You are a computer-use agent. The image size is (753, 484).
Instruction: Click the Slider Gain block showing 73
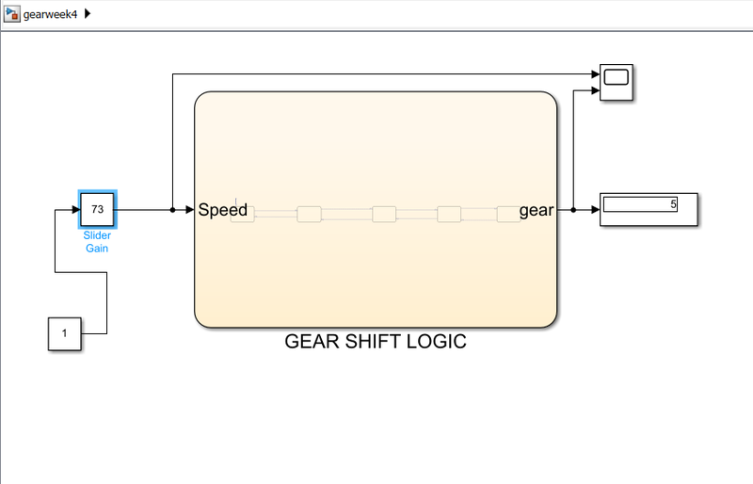tap(97, 209)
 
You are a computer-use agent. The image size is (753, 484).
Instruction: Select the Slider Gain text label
tap(97, 242)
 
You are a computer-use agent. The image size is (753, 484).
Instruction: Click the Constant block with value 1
tap(64, 333)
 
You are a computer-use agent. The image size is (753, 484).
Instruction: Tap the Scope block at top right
tap(617, 82)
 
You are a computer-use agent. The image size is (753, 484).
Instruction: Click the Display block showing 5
tap(649, 209)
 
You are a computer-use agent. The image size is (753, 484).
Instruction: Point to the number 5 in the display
tap(673, 204)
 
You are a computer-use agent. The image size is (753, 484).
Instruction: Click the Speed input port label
tap(222, 210)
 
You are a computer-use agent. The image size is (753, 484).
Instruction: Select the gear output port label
tap(537, 210)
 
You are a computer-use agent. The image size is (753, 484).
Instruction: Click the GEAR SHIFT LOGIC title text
tap(375, 342)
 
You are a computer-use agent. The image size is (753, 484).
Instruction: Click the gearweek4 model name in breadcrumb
tap(50, 14)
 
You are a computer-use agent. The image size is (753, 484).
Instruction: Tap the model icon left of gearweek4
tap(13, 14)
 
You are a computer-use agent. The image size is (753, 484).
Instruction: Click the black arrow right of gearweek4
tap(88, 14)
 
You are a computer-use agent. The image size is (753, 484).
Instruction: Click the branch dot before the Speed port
tap(172, 210)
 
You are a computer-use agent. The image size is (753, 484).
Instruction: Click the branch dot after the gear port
tap(573, 210)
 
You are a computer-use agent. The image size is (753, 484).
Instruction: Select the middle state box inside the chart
tap(384, 214)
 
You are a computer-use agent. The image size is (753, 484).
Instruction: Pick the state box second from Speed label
tap(309, 214)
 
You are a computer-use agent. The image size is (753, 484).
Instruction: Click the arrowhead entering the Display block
tap(594, 210)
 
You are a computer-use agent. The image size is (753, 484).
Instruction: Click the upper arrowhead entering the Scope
tap(594, 73)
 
